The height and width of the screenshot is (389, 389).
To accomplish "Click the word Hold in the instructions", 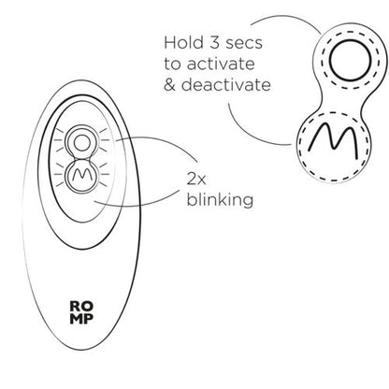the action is (183, 42).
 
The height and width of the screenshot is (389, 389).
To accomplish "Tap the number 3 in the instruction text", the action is (215, 42).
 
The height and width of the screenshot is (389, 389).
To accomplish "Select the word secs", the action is (244, 43).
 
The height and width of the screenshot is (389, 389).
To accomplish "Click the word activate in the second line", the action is (221, 64).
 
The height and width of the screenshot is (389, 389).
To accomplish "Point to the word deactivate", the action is (226, 85).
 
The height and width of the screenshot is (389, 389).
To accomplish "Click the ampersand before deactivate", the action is (169, 85).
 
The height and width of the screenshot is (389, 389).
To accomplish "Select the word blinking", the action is (220, 199).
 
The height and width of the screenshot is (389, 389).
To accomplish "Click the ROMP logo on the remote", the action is (81, 312).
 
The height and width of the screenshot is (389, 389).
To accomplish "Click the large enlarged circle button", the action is (351, 61).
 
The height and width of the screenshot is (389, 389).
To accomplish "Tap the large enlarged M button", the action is (333, 147).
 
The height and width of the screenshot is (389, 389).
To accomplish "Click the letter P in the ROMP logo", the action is (89, 318).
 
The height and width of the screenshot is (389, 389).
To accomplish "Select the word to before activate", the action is (172, 64).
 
